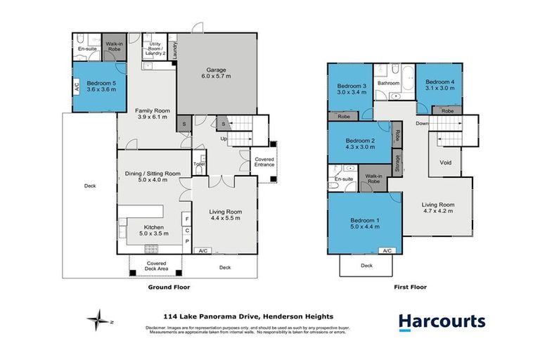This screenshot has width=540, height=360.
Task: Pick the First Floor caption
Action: [411, 287]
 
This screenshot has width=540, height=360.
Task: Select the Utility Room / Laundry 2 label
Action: [155, 46]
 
